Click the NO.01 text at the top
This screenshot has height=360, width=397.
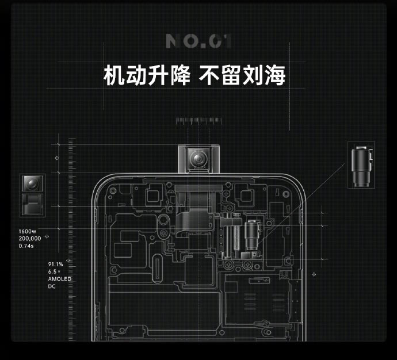point(199,41)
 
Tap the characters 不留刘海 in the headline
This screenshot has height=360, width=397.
point(242,75)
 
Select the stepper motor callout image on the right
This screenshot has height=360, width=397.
point(362,164)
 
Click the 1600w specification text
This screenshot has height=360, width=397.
point(27,231)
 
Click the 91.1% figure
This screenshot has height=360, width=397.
point(55,265)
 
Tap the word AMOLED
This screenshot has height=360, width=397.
point(59,279)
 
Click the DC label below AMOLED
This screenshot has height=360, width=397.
point(52,286)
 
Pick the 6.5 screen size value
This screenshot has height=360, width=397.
point(54,271)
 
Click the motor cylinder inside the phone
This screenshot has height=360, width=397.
point(251,233)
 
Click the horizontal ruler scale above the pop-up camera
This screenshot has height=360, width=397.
point(198,121)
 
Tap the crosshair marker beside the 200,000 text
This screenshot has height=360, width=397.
point(47,236)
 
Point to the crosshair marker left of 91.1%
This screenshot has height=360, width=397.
point(68,261)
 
